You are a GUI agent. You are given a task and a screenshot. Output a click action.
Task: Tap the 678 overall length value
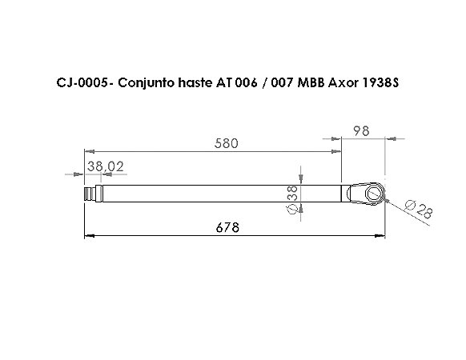tap(228, 228)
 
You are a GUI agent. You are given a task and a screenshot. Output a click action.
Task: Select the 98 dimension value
tap(361, 131)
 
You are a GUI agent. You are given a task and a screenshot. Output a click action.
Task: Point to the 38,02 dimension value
tap(105, 166)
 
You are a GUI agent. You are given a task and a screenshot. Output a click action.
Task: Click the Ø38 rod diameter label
tap(292, 198)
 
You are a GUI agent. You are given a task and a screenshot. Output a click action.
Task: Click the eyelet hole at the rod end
tap(372, 193)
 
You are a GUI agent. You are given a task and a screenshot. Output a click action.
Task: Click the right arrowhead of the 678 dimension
tap(381, 235)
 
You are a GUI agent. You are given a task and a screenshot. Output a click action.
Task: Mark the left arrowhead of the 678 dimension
tap(89, 235)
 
